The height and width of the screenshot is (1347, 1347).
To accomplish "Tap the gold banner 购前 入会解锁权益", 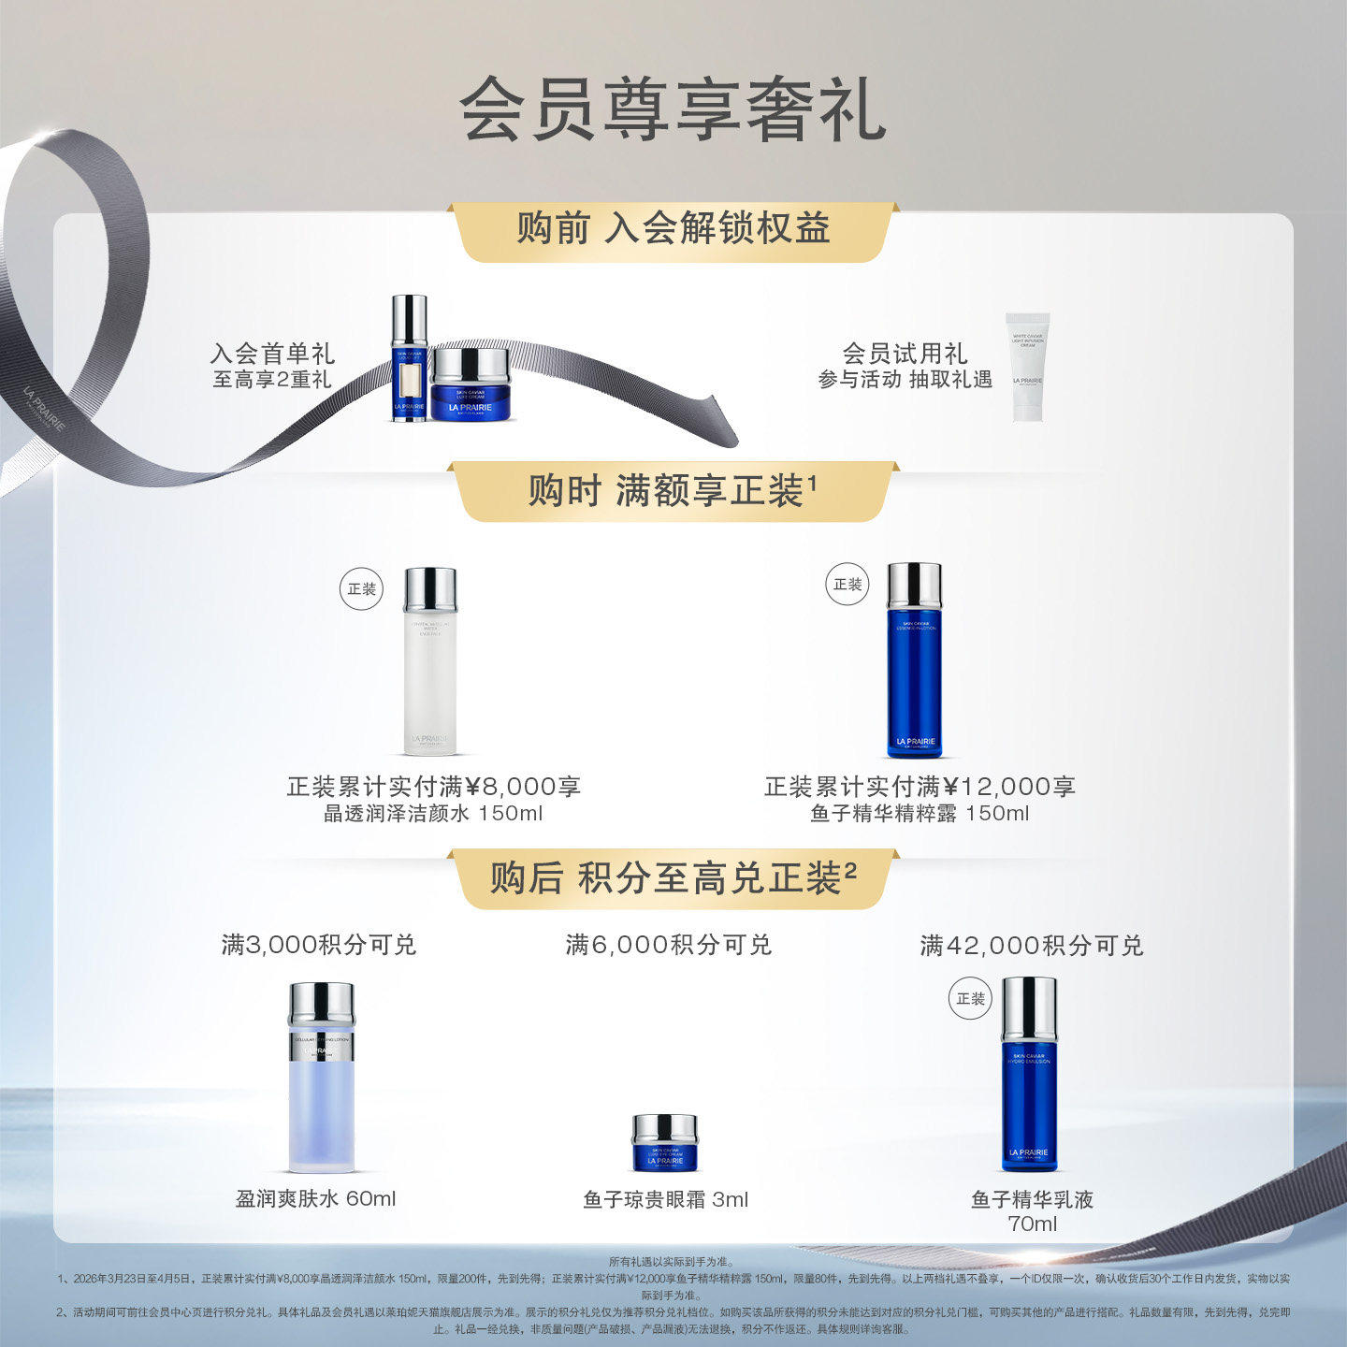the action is (673, 229).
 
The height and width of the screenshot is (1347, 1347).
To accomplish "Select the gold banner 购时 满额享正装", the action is (673, 490).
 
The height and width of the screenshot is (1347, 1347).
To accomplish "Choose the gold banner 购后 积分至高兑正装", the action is (673, 878).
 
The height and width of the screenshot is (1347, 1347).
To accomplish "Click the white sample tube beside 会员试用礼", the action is (1027, 367).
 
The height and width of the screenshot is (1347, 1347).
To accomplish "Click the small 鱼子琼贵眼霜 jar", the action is (664, 1142).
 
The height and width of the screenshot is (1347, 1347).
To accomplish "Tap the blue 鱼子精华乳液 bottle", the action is (1029, 1075).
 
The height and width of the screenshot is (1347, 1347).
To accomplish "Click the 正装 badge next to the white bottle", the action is (361, 589).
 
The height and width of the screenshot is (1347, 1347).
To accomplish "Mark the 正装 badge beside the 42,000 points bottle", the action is (970, 999).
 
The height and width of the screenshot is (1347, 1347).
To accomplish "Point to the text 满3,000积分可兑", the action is (318, 945).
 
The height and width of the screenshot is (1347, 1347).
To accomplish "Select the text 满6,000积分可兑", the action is (668, 945).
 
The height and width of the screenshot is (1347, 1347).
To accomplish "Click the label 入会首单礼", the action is (272, 354).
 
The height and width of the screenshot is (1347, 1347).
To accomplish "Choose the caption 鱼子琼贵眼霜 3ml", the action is (665, 1199).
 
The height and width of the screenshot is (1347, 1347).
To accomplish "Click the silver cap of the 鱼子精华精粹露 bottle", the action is (914, 585).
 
